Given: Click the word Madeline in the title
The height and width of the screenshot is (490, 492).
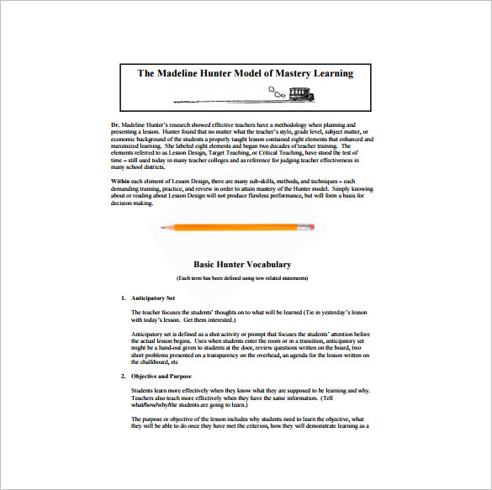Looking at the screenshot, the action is pos(180,73).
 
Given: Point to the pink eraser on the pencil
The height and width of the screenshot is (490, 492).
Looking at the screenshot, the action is pos(314,226).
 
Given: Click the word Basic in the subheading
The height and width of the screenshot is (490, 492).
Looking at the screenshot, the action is pos(207,264).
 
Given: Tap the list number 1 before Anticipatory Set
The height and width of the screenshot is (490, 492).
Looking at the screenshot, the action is pos(122,298).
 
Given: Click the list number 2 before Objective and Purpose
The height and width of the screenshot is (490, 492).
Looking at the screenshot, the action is pos(122,375).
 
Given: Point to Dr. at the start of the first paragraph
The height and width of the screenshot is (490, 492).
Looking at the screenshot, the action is pos(114,124).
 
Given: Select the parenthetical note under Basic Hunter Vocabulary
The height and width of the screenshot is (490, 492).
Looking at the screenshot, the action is pos(242,277).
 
